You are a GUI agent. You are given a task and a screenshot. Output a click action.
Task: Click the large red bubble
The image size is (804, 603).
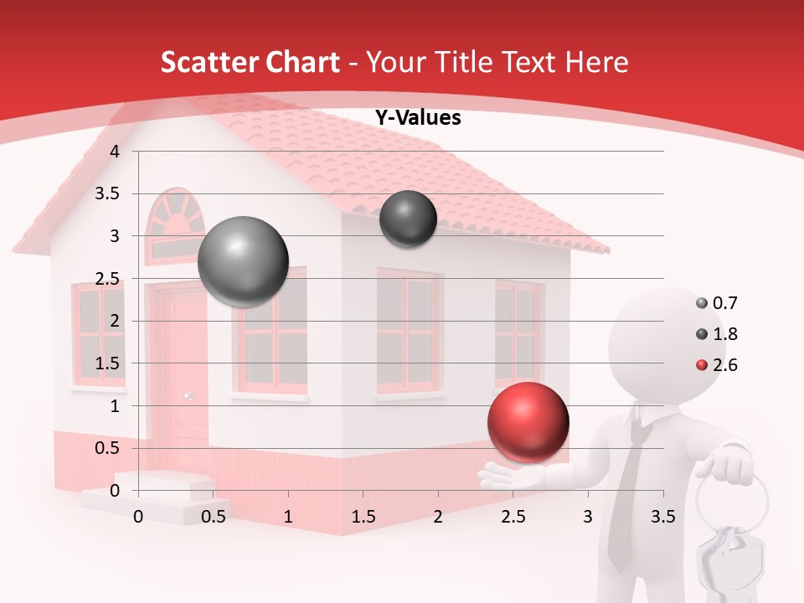coord(528,422)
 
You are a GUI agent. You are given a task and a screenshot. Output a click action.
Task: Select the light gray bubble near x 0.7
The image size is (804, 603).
coord(243,261)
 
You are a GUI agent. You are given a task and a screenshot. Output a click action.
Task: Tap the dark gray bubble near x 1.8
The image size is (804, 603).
coord(408,219)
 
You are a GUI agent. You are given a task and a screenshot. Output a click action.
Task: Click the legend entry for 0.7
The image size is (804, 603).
coord(717,303)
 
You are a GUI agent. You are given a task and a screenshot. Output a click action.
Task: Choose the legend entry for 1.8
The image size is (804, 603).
coord(717,334)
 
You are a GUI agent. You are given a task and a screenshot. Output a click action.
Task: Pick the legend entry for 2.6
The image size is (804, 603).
coord(717,365)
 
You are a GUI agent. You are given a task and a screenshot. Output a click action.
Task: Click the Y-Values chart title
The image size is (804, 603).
coord(417,118)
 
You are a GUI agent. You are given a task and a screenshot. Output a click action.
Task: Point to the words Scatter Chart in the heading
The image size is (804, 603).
coord(250,62)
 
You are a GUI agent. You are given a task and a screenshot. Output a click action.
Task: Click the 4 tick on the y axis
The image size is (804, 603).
coord(116,152)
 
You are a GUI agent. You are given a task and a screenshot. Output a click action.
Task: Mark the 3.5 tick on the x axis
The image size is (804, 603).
coord(662,517)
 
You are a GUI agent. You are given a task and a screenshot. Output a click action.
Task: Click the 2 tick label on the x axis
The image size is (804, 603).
coord(438,517)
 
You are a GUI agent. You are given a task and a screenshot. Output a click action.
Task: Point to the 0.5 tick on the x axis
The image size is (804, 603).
coord(214,517)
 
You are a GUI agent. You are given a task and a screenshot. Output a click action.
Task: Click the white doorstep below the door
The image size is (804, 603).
coord(159,494)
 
